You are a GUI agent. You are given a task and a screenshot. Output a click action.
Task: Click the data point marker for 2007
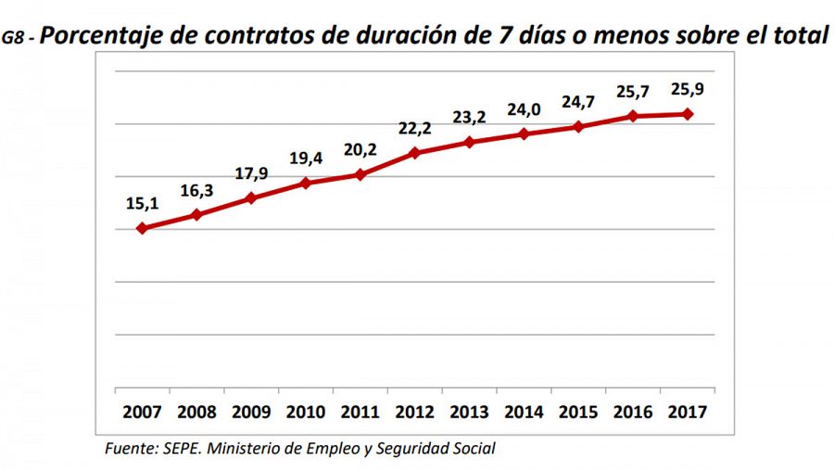[142, 228]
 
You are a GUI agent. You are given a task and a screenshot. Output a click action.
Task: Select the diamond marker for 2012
[415, 153]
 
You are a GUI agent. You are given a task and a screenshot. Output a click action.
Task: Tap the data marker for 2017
[689, 114]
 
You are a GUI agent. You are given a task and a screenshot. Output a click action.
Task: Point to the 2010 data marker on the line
[306, 183]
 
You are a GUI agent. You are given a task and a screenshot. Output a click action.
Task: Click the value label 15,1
[142, 202]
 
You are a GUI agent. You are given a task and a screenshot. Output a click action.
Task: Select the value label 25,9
[689, 90]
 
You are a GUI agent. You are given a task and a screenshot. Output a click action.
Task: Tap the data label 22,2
[416, 129]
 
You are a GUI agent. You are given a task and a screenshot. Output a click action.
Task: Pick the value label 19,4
[306, 159]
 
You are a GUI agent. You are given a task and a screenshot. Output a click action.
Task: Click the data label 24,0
[524, 109]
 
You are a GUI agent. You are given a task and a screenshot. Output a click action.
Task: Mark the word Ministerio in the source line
[251, 449]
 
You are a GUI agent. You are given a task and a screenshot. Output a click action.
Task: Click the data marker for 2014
[524, 133]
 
